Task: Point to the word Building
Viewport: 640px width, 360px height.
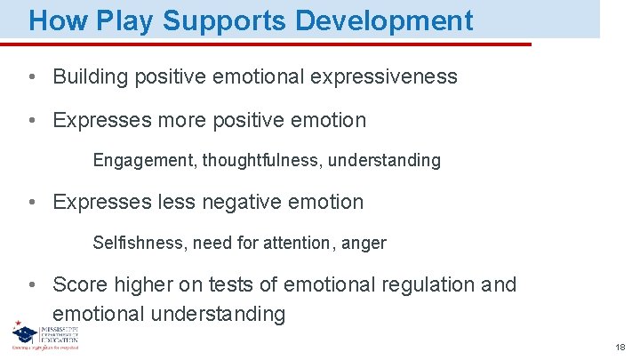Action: coord(90,77)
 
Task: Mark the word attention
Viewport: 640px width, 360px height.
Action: coord(300,243)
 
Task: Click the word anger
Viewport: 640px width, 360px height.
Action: coord(364,243)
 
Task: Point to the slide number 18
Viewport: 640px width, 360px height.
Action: coord(620,347)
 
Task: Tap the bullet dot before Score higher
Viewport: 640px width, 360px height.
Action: coord(31,284)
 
